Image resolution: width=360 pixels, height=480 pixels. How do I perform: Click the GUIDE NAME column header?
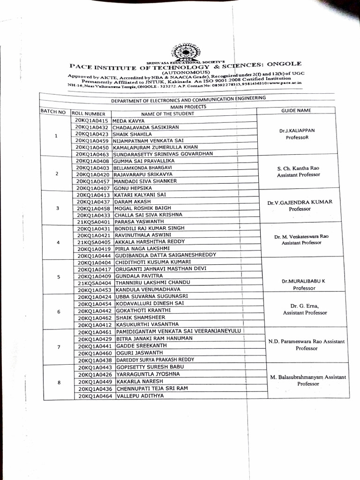click(296, 110)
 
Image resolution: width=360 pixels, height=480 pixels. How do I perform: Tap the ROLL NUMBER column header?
click(91, 113)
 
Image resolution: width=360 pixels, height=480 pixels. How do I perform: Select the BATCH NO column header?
click(53, 112)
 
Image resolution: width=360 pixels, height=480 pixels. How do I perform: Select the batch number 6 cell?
click(58, 311)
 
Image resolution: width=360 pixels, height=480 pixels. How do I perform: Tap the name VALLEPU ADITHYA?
click(140, 396)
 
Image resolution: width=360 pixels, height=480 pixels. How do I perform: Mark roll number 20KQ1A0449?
click(95, 382)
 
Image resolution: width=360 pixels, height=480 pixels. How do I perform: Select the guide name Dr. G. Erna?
click(304, 306)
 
